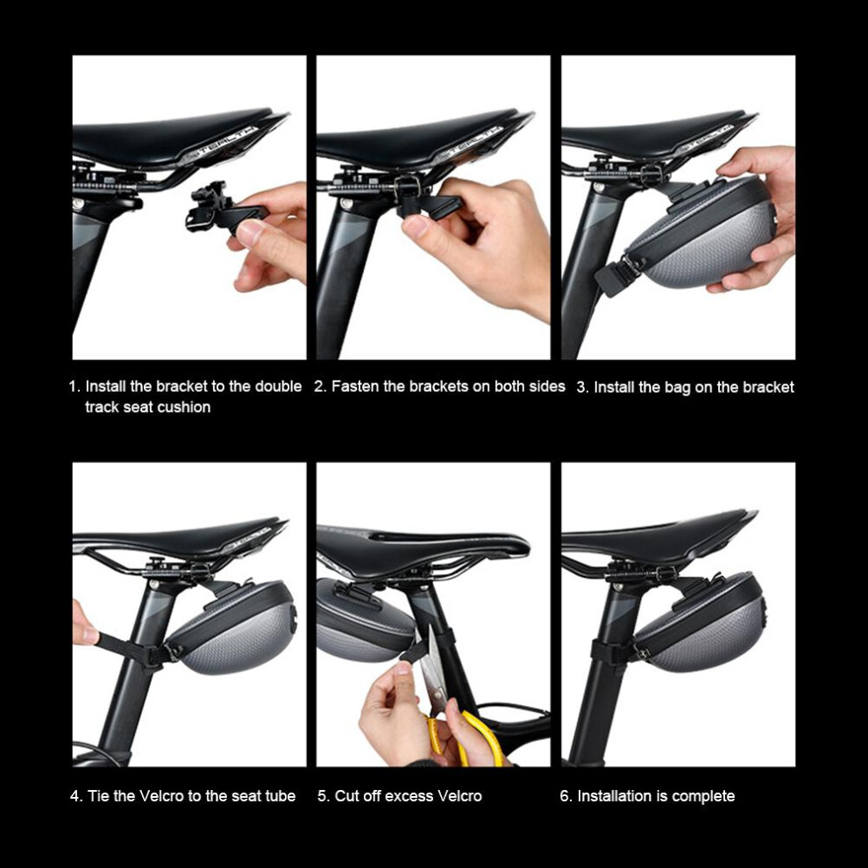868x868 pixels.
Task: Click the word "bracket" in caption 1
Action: click(x=181, y=387)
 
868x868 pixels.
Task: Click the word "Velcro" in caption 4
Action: click(x=161, y=796)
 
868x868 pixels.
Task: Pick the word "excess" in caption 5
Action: click(x=409, y=796)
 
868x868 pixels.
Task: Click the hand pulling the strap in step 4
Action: click(x=84, y=623)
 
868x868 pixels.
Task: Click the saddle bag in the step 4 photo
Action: click(x=232, y=629)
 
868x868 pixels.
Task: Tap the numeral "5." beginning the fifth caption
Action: click(x=324, y=796)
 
